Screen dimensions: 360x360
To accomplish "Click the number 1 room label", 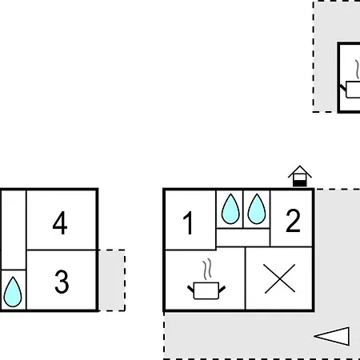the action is point(188,222).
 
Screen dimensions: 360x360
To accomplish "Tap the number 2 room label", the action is point(293,221).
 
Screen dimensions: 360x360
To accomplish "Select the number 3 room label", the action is point(62,282).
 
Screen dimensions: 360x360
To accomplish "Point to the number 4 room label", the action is point(60,222).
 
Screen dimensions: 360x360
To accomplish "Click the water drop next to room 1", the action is point(230,209).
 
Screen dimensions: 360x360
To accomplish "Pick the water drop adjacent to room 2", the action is point(257,209).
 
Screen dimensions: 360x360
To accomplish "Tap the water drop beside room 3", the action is point(13,292).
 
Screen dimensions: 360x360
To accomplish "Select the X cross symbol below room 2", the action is point(280,278).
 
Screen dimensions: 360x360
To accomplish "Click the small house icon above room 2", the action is point(300,176).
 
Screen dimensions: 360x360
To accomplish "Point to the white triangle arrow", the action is point(332,336).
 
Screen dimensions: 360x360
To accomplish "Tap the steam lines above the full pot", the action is point(207,269).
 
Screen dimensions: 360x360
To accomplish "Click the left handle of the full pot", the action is point(190,289).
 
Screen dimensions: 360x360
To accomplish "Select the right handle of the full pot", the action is point(222,289).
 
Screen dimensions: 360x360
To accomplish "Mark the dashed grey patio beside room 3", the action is point(111,280).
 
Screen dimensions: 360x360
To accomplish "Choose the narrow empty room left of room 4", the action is point(14,230).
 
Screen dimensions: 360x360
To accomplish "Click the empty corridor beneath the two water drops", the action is point(242,238).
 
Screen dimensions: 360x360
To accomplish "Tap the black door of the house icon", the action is point(300,183).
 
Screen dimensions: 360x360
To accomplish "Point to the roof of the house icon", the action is point(300,171).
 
